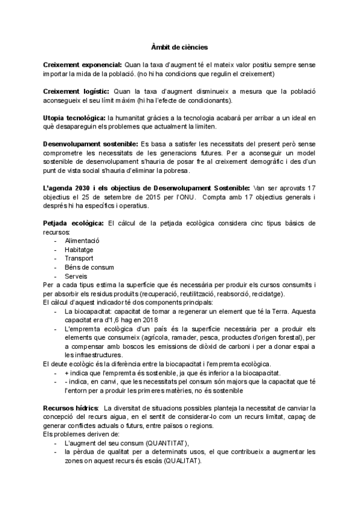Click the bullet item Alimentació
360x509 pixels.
point(82,240)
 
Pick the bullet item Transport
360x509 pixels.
point(79,258)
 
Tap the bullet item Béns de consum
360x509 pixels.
point(89,267)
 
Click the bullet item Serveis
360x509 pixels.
point(76,276)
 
